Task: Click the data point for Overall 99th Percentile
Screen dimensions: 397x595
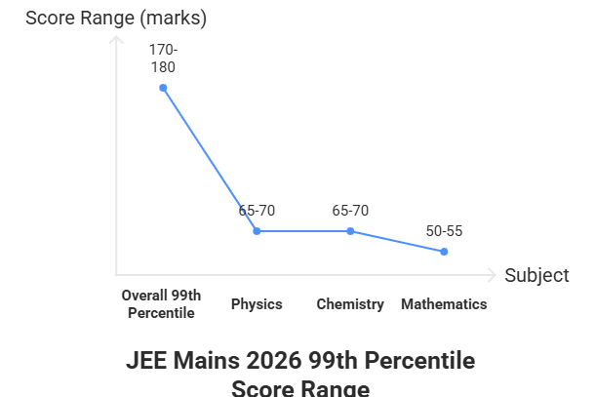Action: click(x=163, y=88)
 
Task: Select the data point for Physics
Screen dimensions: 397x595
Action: click(x=257, y=231)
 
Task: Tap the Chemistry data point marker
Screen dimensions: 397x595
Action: click(x=350, y=231)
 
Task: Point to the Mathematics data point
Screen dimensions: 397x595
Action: click(x=444, y=252)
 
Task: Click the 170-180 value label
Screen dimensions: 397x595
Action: click(x=163, y=58)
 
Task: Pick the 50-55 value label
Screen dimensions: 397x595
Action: click(x=444, y=231)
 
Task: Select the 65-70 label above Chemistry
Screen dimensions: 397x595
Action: click(x=350, y=211)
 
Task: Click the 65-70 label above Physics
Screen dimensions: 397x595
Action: click(x=257, y=211)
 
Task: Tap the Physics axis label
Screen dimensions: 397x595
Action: click(x=257, y=304)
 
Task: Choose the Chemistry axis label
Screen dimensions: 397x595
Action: click(x=350, y=304)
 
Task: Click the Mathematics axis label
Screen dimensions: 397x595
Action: click(x=444, y=304)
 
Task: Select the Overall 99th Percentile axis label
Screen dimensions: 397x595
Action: click(x=162, y=303)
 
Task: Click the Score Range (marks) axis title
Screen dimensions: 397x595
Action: click(x=116, y=18)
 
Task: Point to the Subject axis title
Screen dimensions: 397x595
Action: click(x=536, y=275)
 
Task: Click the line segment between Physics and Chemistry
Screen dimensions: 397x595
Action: click(x=303, y=231)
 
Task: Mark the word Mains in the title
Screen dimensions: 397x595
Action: click(x=206, y=361)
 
